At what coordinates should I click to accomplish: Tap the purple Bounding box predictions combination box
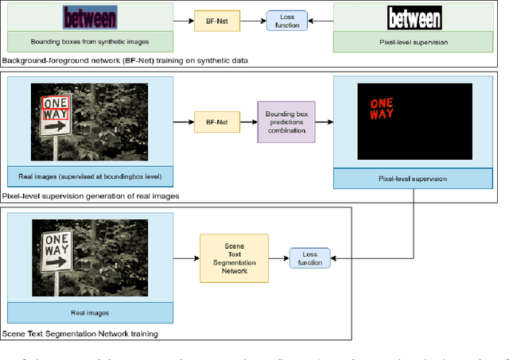(x=286, y=122)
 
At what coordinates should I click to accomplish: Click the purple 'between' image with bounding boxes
(x=89, y=17)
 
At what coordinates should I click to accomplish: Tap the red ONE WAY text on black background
(x=382, y=108)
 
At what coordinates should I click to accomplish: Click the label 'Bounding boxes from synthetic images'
(x=89, y=41)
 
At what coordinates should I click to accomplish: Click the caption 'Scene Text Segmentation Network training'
(x=80, y=334)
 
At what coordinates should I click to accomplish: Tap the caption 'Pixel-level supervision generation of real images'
(x=90, y=195)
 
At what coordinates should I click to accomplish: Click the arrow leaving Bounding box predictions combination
(x=324, y=122)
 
